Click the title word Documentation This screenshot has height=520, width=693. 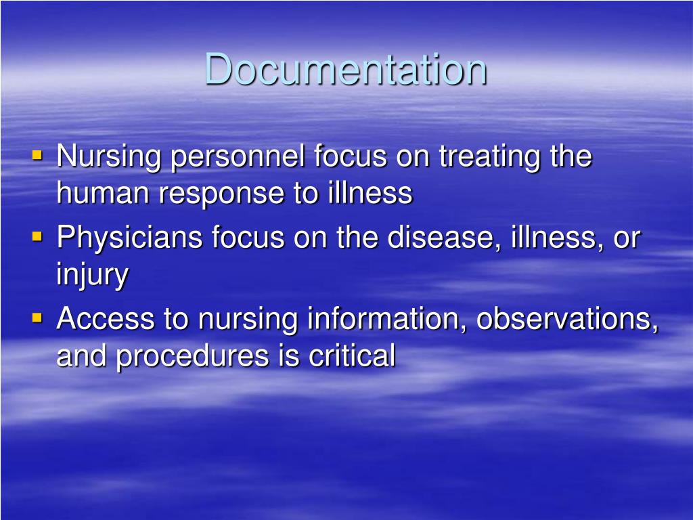(346, 69)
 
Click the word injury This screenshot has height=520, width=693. (92, 276)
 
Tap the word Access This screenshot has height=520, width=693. (104, 318)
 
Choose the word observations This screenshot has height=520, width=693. (567, 318)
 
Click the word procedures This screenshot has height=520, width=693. (203, 356)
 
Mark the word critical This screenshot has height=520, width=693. (352, 355)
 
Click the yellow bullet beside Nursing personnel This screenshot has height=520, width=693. (37, 156)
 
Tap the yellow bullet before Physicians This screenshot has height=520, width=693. (37, 236)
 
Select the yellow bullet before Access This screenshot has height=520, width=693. (37, 316)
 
